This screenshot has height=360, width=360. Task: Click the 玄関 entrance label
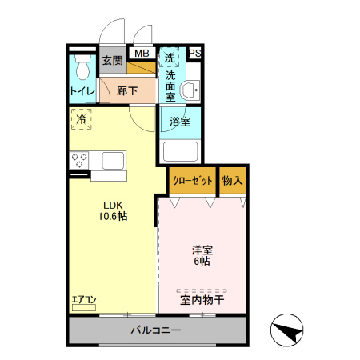(x=112, y=61)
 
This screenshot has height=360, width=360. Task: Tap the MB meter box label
(x=142, y=54)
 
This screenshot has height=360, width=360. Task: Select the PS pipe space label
(x=195, y=54)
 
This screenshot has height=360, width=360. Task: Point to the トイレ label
(x=82, y=91)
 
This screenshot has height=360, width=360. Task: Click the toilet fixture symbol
(x=81, y=65)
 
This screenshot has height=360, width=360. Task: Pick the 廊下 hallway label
(x=127, y=91)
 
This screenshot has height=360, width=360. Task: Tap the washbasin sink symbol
(x=190, y=90)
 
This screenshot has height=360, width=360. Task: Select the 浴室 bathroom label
(x=180, y=122)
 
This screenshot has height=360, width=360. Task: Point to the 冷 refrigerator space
(x=81, y=119)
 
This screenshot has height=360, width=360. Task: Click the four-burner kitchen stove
(x=80, y=160)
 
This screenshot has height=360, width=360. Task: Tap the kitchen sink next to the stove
(x=110, y=160)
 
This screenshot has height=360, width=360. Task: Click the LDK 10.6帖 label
(x=113, y=210)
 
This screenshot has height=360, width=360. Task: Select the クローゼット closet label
(x=192, y=181)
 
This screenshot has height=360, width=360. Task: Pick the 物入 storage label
(x=232, y=181)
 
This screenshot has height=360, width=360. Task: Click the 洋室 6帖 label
(x=200, y=255)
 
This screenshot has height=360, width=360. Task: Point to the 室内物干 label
(x=202, y=301)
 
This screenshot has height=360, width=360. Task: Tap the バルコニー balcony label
(x=156, y=330)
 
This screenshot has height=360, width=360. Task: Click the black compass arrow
(x=289, y=330)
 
